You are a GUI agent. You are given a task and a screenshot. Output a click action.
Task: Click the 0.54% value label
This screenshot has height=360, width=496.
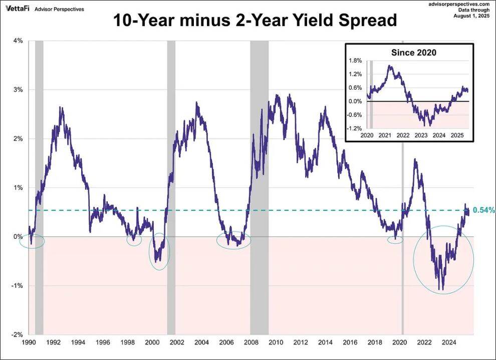[483, 210]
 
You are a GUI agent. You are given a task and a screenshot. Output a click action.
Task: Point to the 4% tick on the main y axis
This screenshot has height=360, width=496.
[18, 41]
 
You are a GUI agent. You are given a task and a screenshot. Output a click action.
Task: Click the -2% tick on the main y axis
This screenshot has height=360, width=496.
[17, 334]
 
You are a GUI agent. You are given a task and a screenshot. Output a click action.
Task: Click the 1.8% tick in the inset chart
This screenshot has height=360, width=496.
[355, 61]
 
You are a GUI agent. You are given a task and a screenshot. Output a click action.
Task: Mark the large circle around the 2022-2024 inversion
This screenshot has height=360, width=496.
[443, 259]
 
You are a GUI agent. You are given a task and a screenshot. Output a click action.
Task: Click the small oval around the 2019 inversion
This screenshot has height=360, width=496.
[395, 240]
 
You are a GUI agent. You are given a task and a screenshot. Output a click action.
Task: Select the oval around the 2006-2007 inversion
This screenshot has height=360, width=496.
[233, 240]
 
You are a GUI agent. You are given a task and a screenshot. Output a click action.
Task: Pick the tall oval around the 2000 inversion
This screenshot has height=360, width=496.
[159, 251]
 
